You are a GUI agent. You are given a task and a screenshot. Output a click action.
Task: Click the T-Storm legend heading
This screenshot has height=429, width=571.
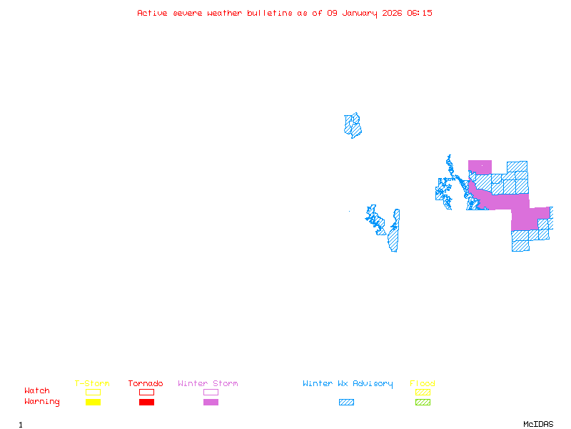click(x=92, y=384)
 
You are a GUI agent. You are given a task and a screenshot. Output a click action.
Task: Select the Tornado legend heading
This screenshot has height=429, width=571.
click(x=146, y=384)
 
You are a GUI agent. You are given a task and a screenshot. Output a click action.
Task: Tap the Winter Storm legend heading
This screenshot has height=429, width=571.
click(x=208, y=384)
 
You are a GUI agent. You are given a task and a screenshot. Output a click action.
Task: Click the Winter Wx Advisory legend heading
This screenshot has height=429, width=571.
click(x=348, y=384)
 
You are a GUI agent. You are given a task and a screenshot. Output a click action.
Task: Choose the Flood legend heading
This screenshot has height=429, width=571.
click(x=423, y=384)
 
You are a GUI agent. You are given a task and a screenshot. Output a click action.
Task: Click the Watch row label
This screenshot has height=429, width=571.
click(x=37, y=391)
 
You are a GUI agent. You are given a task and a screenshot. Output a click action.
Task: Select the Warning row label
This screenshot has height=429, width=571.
click(x=42, y=402)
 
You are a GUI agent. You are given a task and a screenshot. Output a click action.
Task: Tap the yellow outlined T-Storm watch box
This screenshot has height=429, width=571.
click(x=93, y=392)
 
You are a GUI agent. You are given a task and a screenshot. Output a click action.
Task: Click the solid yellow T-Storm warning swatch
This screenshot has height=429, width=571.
click(x=93, y=402)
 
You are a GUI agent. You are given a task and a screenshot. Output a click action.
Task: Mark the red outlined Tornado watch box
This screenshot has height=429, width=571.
click(x=146, y=392)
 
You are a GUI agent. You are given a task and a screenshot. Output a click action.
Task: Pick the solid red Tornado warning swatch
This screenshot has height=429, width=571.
click(x=146, y=402)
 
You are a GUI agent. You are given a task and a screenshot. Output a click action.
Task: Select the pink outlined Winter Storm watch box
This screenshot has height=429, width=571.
click(x=211, y=392)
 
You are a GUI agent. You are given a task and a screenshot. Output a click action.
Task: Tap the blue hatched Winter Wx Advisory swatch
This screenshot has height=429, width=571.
click(x=346, y=402)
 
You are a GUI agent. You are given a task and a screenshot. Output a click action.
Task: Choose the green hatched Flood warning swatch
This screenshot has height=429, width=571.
click(x=423, y=402)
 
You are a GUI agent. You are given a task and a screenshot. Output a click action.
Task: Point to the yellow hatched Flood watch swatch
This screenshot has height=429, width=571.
click(x=423, y=392)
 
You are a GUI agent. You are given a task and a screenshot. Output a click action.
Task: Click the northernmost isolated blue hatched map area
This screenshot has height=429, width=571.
click(x=353, y=125)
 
